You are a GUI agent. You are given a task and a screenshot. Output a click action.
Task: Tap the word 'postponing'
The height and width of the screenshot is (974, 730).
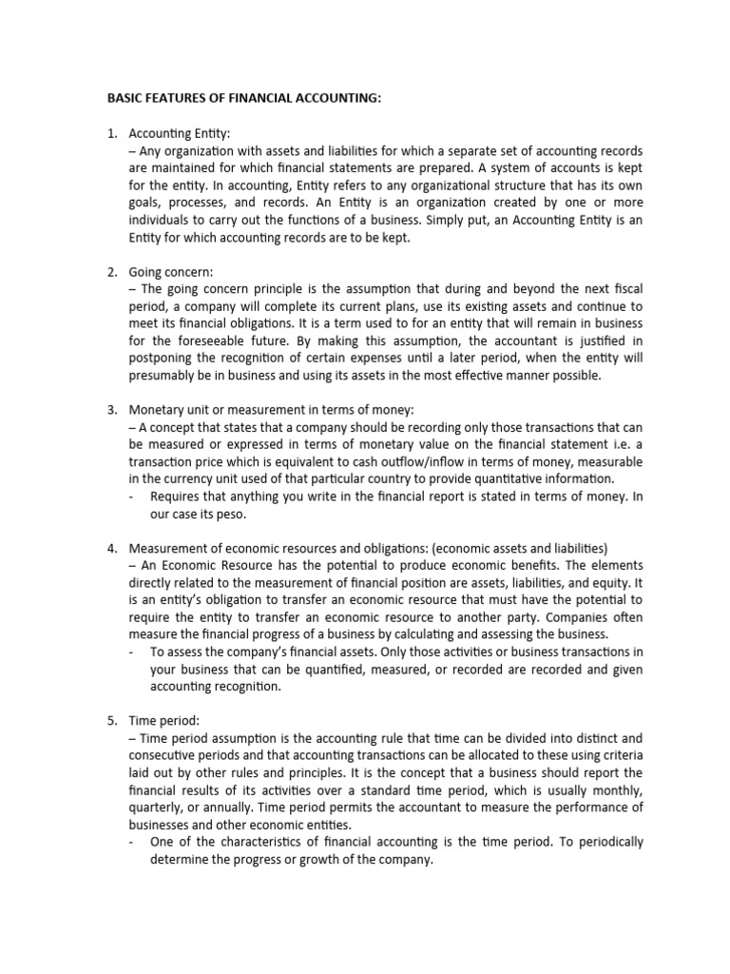[163, 358]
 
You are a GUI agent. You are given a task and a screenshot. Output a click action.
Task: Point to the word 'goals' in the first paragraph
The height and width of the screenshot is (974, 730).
[145, 203]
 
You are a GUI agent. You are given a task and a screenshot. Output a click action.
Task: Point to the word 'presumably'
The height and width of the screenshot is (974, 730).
[163, 375]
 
